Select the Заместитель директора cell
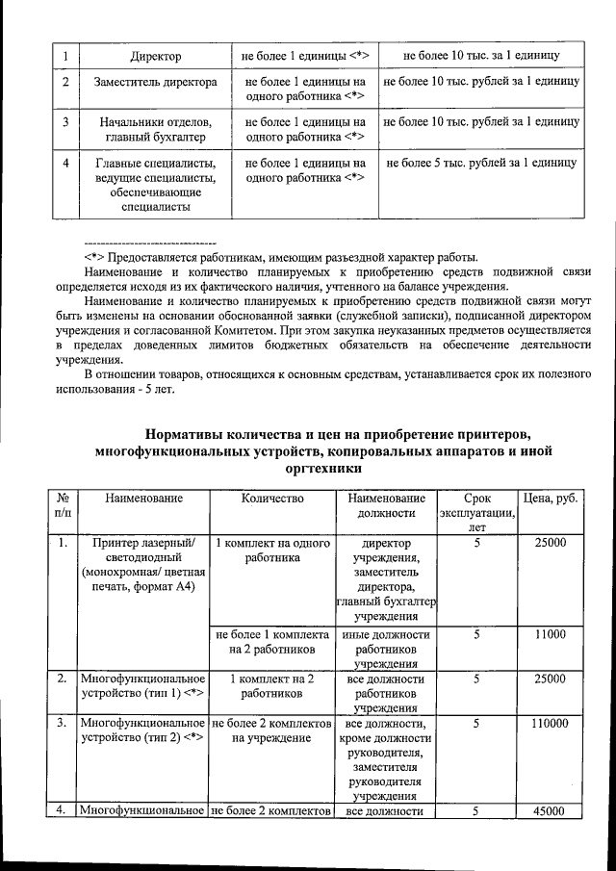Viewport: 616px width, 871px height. coord(155,84)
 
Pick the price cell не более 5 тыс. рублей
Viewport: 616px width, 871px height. coord(480,164)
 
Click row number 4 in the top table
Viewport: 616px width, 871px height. coord(64,164)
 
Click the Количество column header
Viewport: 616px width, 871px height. coord(272,499)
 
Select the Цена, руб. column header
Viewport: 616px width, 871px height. coord(550,499)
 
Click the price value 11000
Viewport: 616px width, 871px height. coord(550,635)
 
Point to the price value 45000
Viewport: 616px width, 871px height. coord(550,812)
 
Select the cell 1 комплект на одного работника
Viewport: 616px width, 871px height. coord(272,550)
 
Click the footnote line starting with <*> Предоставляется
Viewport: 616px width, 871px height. coord(279,257)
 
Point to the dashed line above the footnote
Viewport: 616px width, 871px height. coord(149,242)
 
